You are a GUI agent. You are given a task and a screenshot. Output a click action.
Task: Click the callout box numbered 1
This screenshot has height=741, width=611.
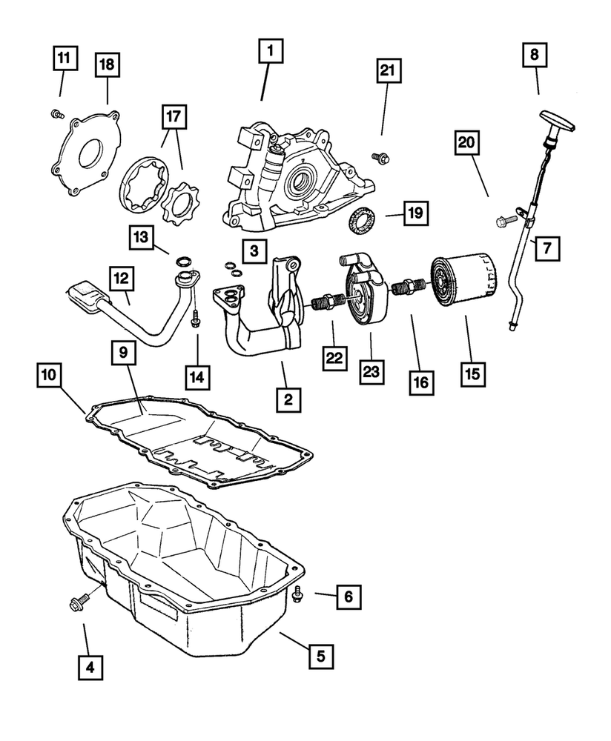click(270, 51)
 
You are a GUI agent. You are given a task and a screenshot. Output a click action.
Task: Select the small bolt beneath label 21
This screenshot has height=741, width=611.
click(383, 156)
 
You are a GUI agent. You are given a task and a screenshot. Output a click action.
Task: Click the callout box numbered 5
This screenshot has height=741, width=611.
click(320, 655)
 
